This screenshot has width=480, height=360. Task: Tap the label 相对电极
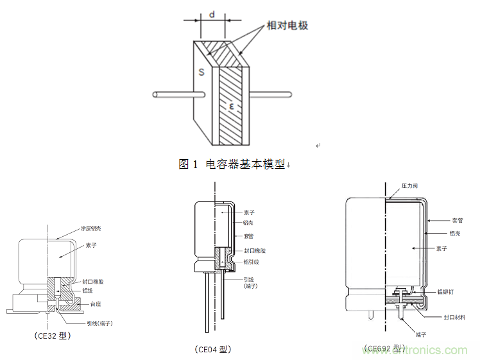(287, 26)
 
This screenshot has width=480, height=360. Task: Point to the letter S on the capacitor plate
(201, 73)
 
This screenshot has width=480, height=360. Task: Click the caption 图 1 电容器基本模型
(234, 164)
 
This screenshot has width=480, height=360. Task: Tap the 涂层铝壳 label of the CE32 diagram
(91, 228)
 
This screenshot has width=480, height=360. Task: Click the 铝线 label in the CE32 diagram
(89, 291)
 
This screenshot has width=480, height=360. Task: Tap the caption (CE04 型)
(212, 349)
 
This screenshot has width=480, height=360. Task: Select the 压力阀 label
(409, 186)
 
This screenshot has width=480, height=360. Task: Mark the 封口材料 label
(454, 317)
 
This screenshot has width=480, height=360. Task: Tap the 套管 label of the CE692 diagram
(456, 219)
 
